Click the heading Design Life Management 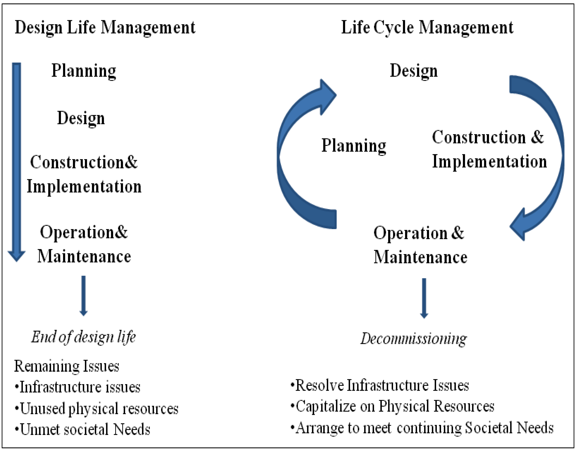(105, 27)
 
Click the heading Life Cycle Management (427, 27)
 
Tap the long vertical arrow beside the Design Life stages (16, 159)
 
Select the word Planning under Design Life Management (84, 71)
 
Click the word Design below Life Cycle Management (414, 71)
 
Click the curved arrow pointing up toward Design (293, 148)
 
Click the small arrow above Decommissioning (424, 298)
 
